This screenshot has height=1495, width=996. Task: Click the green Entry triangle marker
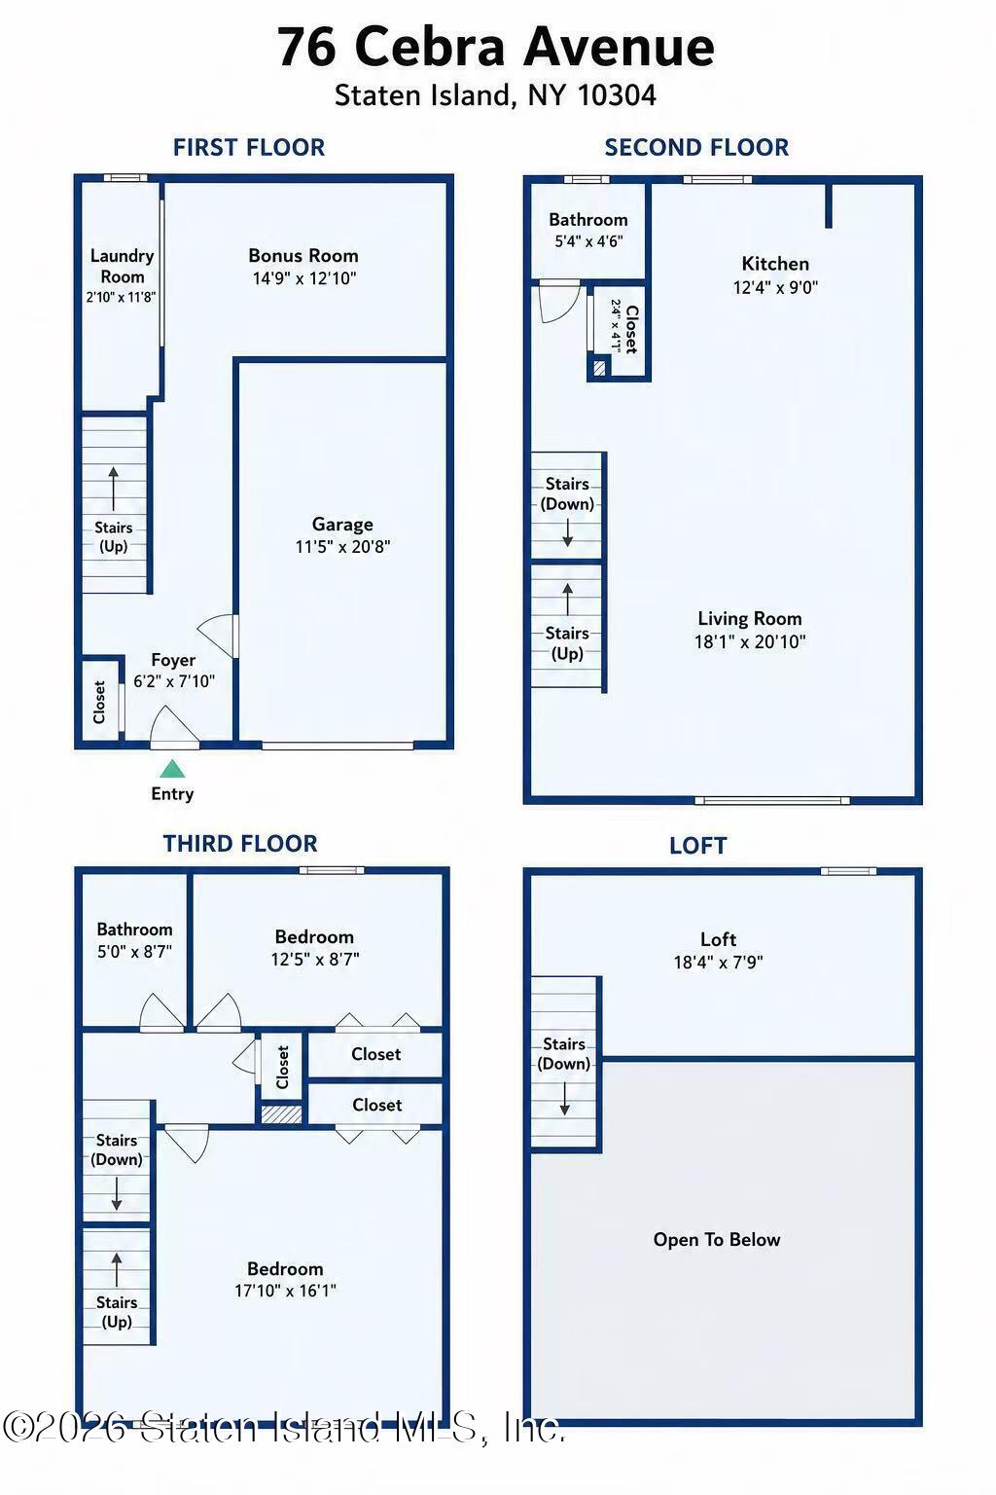pyautogui.click(x=172, y=769)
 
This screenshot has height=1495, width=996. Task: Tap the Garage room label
pyautogui.click(x=342, y=524)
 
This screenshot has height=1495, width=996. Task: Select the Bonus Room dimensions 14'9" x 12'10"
pyautogui.click(x=304, y=278)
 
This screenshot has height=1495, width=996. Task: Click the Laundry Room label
pyautogui.click(x=123, y=266)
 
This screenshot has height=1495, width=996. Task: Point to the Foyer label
pyautogui.click(x=173, y=659)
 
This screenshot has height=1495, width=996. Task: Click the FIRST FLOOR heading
pyautogui.click(x=249, y=148)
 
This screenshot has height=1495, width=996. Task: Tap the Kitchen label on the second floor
pyautogui.click(x=775, y=264)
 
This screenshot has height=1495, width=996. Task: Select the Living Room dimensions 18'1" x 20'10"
pyautogui.click(x=750, y=641)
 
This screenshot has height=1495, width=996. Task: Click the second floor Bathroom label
pyautogui.click(x=588, y=220)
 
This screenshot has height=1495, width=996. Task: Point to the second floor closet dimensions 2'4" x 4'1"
pyautogui.click(x=616, y=326)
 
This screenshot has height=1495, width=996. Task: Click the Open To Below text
pyautogui.click(x=717, y=1239)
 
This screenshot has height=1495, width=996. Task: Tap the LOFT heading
pyautogui.click(x=697, y=846)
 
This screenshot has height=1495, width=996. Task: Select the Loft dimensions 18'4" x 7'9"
pyautogui.click(x=719, y=962)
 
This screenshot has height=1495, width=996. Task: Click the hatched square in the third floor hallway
pyautogui.click(x=281, y=1113)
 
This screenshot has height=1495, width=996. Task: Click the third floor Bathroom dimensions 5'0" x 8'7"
pyautogui.click(x=135, y=951)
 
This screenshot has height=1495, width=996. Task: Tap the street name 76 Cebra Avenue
pyautogui.click(x=496, y=47)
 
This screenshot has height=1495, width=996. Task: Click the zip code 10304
pyautogui.click(x=617, y=94)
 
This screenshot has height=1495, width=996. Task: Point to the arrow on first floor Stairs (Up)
pyautogui.click(x=114, y=490)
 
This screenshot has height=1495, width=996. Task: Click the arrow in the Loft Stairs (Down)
pyautogui.click(x=564, y=1098)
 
